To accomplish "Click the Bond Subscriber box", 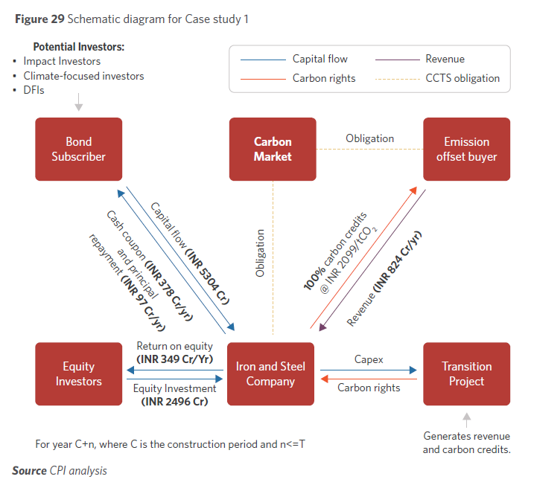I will tap(78, 149).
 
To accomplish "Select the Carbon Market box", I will tap(273, 149).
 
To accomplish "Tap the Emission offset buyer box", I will tap(466, 149).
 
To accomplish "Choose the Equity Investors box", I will tap(78, 373).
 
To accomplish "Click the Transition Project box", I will tap(466, 373).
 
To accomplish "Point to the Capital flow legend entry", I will tap(320, 59).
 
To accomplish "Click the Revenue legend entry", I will tap(445, 59).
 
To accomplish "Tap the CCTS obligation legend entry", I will tap(462, 78).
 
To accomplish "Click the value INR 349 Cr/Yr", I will tap(175, 359).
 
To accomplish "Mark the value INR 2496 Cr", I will tap(175, 402).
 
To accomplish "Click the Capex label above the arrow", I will tap(369, 359).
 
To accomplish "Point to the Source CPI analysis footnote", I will tap(60, 471).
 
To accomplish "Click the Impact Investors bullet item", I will tap(61, 61).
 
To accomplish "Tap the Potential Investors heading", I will tap(78, 46).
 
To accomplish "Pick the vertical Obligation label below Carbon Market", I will tap(260, 253).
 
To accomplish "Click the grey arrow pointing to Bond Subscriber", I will tap(78, 106).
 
